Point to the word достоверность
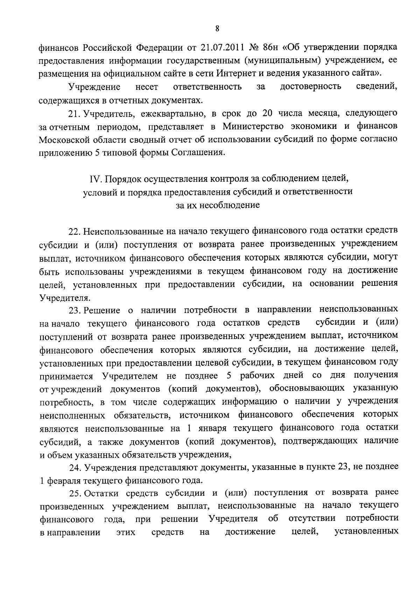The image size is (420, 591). coord(311,87)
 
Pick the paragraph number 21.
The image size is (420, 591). coord(74,113)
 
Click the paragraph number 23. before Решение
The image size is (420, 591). coord(75,310)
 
